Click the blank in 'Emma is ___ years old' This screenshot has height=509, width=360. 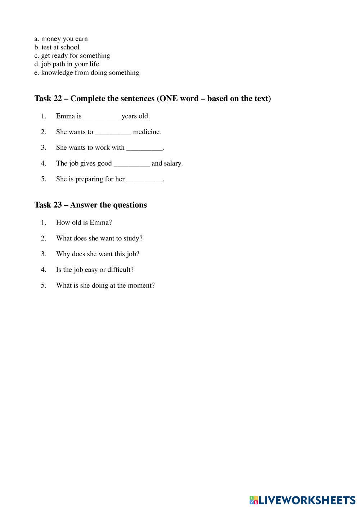[x=101, y=116]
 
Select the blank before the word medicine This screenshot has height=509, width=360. [x=113, y=132]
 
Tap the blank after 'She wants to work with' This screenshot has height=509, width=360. [x=144, y=148]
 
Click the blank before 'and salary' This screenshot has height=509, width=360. [x=131, y=164]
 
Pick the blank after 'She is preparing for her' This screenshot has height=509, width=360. [x=144, y=179]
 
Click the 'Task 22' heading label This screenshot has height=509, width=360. [x=48, y=99]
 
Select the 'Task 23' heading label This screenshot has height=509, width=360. [x=48, y=205]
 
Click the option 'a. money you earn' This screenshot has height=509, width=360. [x=61, y=39]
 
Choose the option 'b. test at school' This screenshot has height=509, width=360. [x=57, y=47]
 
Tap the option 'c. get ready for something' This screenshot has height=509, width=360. [x=72, y=56]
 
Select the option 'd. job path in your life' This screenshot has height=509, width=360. [x=67, y=64]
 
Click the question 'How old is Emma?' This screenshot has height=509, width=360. [x=84, y=223]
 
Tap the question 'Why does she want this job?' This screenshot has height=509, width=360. [x=98, y=254]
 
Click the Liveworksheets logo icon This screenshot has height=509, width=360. [x=254, y=500]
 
